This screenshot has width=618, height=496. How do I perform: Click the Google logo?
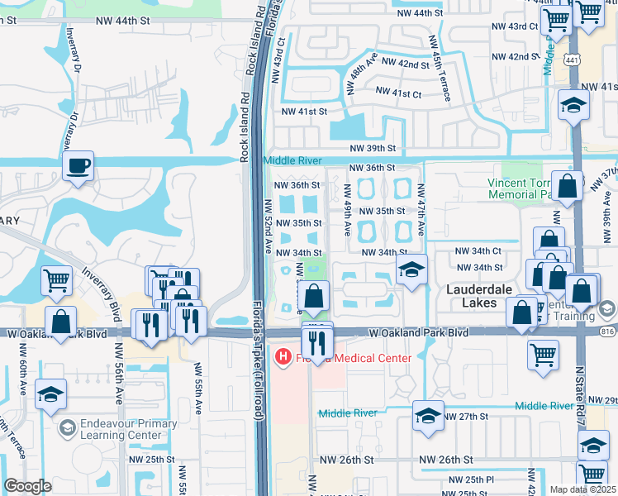[x=27, y=486]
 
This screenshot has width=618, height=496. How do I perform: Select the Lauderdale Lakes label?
[x=483, y=296]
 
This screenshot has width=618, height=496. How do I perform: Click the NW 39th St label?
[x=373, y=147]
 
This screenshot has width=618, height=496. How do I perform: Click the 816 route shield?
[x=609, y=331]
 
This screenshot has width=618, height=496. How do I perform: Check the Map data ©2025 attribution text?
[x=583, y=489]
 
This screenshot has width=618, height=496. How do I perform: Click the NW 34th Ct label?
[x=478, y=250]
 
